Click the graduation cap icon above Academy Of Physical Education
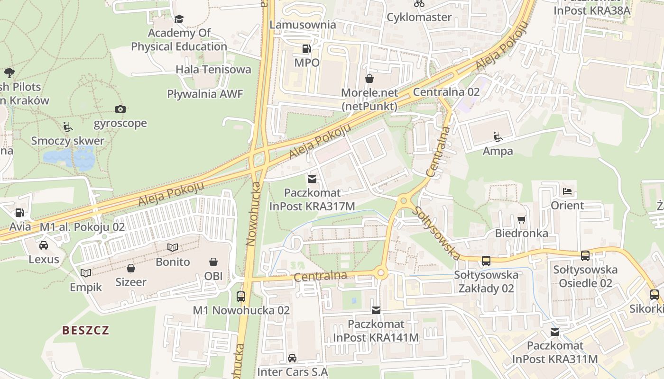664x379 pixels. click(x=179, y=19)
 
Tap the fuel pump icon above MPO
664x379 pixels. click(x=307, y=49)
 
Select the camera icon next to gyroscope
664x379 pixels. click(x=120, y=109)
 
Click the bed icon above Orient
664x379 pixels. click(x=567, y=192)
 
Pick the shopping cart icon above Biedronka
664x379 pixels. click(x=522, y=219)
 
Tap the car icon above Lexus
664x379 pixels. click(x=44, y=245)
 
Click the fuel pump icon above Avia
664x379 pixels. click(x=19, y=213)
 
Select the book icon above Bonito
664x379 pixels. click(x=173, y=248)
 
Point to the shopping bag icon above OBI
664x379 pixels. click(x=213, y=262)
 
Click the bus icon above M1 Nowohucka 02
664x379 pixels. click(x=241, y=297)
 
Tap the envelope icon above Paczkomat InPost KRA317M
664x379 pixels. click(x=312, y=179)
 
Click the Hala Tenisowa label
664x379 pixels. click(x=213, y=70)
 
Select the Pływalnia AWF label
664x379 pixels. click(x=205, y=94)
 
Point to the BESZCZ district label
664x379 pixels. click(x=86, y=330)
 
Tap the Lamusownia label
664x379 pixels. click(x=303, y=25)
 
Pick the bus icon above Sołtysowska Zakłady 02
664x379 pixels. click(x=486, y=261)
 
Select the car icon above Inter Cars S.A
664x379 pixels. click(x=292, y=358)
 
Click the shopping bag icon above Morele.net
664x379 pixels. click(x=369, y=79)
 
